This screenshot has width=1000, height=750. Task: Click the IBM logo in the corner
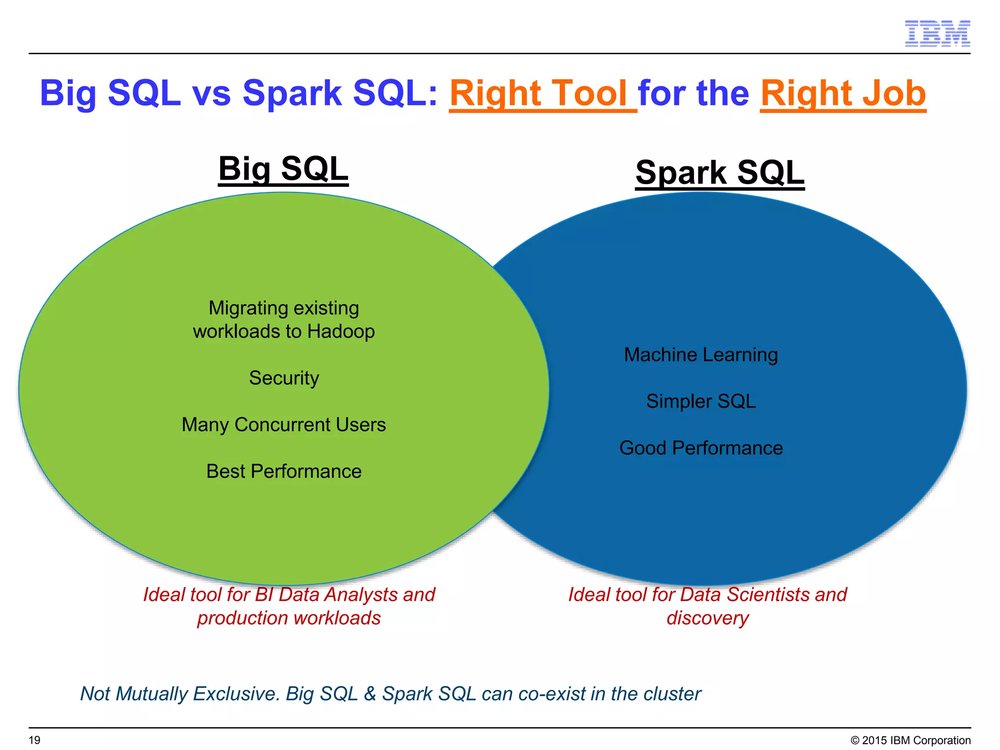coord(937,34)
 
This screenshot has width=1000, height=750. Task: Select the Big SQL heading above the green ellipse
coord(283,168)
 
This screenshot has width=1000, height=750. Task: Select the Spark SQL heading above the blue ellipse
coord(719,172)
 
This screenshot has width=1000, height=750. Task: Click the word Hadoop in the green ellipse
coord(341,332)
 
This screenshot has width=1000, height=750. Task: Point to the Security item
coord(284,378)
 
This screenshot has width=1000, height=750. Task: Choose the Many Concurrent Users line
coord(284,425)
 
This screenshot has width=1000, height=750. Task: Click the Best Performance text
coord(284,471)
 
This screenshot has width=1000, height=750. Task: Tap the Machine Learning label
coord(701,355)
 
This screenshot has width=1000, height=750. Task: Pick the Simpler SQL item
coord(701,401)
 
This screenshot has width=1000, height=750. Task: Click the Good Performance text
coord(701,448)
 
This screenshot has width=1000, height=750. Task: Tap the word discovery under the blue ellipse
coord(708,618)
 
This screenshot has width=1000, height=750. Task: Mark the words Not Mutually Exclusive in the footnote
coord(180,694)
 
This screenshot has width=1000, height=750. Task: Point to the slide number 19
coord(35,740)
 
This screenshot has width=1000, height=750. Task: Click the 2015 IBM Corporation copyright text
coord(911,740)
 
